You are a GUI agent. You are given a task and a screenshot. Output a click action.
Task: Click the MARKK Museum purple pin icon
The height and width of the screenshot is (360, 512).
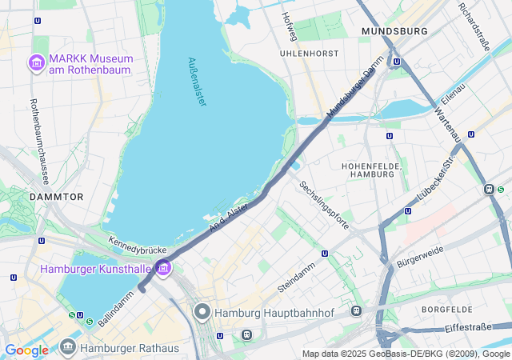coord(36,62)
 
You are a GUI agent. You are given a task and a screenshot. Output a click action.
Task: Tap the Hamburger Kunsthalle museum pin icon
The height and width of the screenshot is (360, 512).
coord(164,267)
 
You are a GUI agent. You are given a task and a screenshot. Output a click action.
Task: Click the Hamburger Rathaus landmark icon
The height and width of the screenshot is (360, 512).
coord(68,347)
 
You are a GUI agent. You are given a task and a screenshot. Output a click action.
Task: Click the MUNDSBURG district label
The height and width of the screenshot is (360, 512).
coord(394,31)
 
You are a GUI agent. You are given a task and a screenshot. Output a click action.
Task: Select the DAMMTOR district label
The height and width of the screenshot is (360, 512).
coord(56,196)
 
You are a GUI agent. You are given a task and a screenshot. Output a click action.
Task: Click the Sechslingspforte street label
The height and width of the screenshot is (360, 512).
coord(324,206)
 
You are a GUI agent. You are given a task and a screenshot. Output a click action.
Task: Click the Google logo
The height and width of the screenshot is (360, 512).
coord(26,350)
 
